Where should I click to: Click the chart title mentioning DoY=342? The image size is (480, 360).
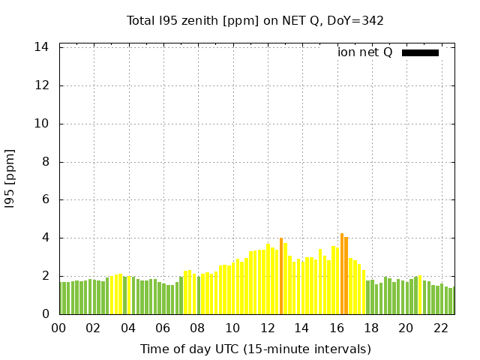255,20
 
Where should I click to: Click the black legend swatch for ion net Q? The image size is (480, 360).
420,52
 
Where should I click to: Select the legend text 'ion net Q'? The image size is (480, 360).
365,52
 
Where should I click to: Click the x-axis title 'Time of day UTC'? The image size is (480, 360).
255,349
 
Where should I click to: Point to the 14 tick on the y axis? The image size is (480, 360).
42,47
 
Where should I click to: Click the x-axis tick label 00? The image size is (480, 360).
58,328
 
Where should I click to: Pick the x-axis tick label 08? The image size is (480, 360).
198,328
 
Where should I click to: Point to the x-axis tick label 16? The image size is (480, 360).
337,328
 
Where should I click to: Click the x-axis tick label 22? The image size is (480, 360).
441,328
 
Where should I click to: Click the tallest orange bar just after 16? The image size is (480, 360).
342,274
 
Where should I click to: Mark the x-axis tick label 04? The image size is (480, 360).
128,328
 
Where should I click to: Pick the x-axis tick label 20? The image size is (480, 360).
406,328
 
